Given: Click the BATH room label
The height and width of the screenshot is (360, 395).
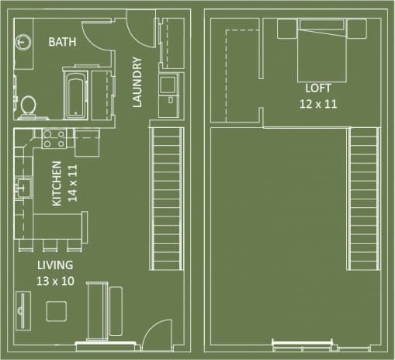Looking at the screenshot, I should (x=63, y=43).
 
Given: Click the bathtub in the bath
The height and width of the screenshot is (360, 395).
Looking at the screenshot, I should (x=75, y=94).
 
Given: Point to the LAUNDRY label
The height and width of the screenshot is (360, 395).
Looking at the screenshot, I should (x=137, y=82).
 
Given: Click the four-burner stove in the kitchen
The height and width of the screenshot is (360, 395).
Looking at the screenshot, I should (x=54, y=140).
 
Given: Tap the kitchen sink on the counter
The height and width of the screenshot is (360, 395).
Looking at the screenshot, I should (x=23, y=187).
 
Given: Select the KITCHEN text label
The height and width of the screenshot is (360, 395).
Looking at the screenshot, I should (x=57, y=185).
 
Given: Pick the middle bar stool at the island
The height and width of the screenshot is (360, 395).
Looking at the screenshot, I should (x=51, y=245).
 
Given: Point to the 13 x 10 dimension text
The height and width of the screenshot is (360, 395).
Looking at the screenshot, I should (x=55, y=280).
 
